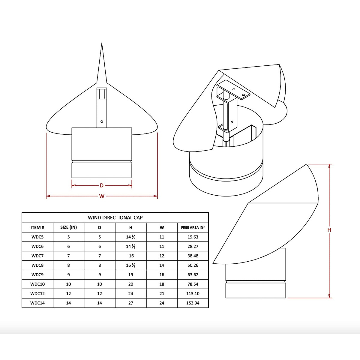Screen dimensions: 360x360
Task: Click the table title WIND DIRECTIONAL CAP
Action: (x=115, y=217)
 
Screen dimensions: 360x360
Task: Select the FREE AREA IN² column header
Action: (x=193, y=227)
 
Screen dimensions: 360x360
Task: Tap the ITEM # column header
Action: (x=37, y=227)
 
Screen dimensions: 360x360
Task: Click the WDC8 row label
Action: (x=37, y=265)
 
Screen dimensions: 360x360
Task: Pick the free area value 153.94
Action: (x=193, y=303)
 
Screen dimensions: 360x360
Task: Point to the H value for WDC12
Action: (x=131, y=294)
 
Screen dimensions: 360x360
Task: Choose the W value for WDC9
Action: (x=162, y=275)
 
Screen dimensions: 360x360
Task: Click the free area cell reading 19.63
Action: (x=193, y=237)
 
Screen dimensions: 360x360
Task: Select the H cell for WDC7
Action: (x=131, y=256)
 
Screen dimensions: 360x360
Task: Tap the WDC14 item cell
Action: (x=37, y=303)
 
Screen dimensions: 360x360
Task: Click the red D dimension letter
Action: (x=102, y=186)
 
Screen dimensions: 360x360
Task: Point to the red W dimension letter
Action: (x=102, y=196)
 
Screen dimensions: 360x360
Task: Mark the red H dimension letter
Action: (x=329, y=230)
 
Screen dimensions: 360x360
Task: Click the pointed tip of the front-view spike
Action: (x=102, y=44)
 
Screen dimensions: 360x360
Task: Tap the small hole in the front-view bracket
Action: (x=102, y=121)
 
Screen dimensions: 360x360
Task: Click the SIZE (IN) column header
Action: (x=68, y=227)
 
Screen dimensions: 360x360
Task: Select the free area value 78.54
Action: (x=193, y=284)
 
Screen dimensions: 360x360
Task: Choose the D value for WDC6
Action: (x=100, y=247)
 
